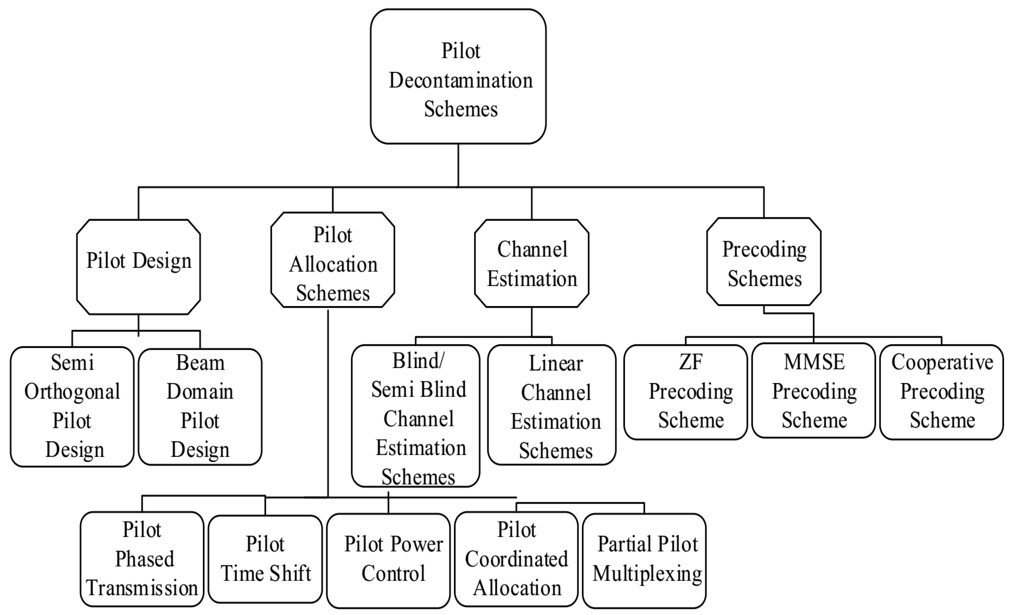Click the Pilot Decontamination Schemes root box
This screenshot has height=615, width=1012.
click(458, 77)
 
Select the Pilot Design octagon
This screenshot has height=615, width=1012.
click(138, 267)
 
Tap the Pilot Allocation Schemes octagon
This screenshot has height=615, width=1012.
click(333, 260)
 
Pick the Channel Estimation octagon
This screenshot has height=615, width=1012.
click(531, 263)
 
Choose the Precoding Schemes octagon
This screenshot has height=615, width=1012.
click(764, 262)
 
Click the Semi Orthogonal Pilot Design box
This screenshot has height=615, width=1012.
click(72, 406)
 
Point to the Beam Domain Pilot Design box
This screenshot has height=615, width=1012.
click(200, 406)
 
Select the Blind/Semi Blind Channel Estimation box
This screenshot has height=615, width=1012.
click(416, 415)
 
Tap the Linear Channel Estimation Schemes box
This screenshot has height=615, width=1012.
click(551, 405)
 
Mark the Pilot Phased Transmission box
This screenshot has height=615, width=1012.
click(142, 559)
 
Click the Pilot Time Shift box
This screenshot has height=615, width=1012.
click(265, 559)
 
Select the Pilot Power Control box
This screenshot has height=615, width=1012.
click(389, 560)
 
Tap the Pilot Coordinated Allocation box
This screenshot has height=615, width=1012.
click(516, 559)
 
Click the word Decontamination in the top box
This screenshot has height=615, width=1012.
click(461, 80)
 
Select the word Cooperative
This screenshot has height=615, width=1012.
click(942, 362)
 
